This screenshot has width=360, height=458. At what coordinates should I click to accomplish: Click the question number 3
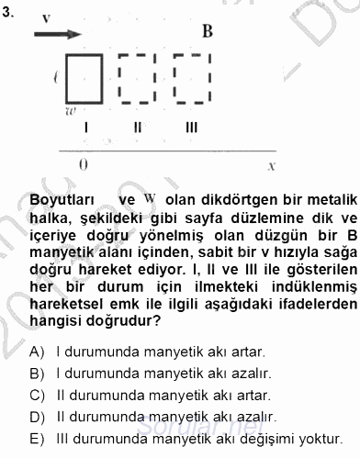[8, 13]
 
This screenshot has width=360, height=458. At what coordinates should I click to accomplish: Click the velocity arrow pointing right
[54, 35]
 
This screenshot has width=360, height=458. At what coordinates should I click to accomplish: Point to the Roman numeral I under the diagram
[84, 128]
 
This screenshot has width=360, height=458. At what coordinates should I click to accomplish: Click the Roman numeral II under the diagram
[137, 128]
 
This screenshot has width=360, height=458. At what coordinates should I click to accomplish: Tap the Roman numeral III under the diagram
[191, 128]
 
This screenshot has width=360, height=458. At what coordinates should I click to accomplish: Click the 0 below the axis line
[84, 165]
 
